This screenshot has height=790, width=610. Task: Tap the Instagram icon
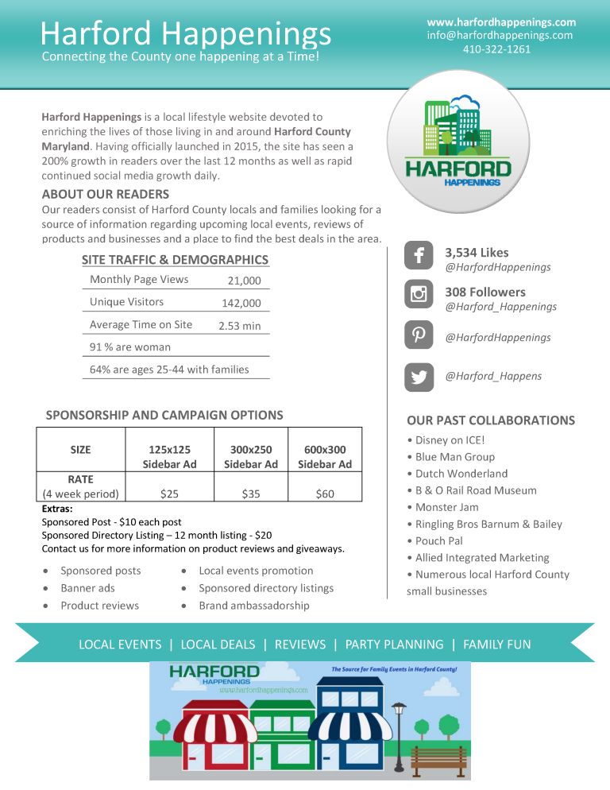419,295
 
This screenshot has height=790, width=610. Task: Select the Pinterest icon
419,335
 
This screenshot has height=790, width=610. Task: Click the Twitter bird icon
419,376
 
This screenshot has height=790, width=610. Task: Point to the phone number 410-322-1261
496,49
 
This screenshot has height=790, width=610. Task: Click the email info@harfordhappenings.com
500,35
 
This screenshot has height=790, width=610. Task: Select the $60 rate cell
324,494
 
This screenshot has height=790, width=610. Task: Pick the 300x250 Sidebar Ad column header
251,457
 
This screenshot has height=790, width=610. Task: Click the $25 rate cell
169,494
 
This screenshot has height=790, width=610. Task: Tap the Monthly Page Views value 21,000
244,281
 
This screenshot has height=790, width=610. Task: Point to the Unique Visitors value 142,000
241,303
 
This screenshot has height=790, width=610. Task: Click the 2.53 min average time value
239,326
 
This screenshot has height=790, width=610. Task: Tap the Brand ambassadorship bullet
253,606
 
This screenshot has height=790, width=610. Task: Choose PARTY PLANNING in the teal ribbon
394,645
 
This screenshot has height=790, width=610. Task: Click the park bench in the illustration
439,760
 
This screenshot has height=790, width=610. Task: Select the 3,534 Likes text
477,253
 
